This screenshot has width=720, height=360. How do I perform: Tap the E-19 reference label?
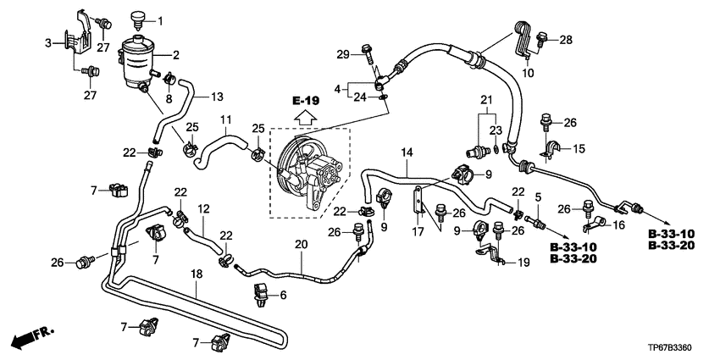[x=305, y=101]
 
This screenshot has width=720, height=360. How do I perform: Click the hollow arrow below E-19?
[x=305, y=119]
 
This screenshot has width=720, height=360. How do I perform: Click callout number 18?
[x=197, y=275]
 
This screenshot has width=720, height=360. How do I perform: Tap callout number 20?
[x=301, y=245]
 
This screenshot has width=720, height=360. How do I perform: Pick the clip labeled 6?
[x=260, y=294]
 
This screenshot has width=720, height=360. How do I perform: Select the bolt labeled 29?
[x=368, y=53]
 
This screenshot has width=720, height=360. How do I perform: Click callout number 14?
[x=407, y=152]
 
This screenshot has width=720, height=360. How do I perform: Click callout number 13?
[x=217, y=97]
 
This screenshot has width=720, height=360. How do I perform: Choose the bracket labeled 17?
[x=418, y=200]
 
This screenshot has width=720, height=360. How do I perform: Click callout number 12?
[x=203, y=209]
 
